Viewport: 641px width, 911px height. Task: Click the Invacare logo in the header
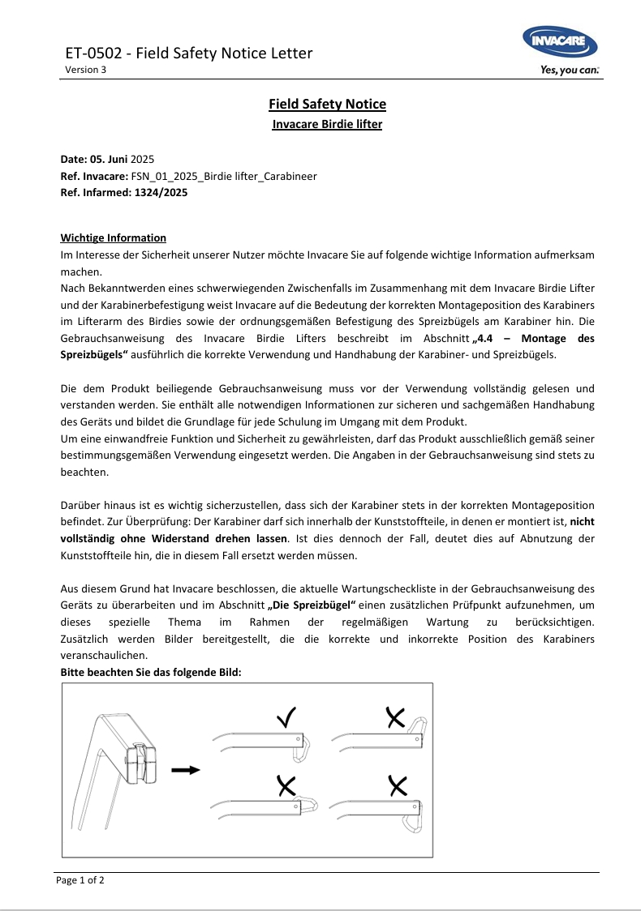pyautogui.click(x=560, y=42)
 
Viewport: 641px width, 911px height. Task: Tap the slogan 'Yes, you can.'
pyautogui.click(x=570, y=71)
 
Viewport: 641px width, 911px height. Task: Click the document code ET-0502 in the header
pyautogui.click(x=93, y=53)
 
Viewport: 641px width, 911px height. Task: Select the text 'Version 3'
pyautogui.click(x=85, y=70)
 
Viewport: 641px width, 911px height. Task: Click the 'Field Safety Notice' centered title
pyautogui.click(x=327, y=104)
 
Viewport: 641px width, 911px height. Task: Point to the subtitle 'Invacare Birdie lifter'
pyautogui.click(x=327, y=124)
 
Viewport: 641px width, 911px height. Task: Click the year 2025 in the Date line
pyautogui.click(x=142, y=159)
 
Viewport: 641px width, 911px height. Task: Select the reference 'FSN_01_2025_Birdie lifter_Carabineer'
pyautogui.click(x=224, y=176)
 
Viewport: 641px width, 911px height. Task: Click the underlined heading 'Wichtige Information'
pyautogui.click(x=114, y=237)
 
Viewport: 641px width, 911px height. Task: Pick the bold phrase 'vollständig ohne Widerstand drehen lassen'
pyautogui.click(x=174, y=538)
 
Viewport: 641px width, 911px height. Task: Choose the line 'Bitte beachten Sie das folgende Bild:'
pyautogui.click(x=151, y=673)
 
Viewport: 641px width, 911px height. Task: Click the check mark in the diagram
pyautogui.click(x=286, y=716)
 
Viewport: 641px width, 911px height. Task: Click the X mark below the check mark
pyautogui.click(x=286, y=784)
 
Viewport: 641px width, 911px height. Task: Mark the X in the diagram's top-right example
pyautogui.click(x=396, y=716)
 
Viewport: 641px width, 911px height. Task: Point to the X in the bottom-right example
pyautogui.click(x=398, y=784)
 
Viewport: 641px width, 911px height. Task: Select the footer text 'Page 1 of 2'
pyautogui.click(x=80, y=880)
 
